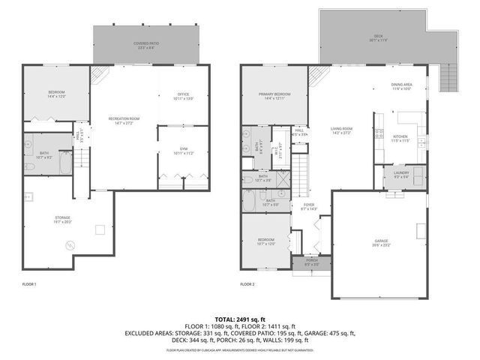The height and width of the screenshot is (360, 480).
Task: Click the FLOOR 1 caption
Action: coord(29,284)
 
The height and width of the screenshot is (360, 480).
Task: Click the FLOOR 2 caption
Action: coord(247,284)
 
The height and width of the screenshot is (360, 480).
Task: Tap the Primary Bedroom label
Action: coord(274,96)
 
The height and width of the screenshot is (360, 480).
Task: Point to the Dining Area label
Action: coord(401,87)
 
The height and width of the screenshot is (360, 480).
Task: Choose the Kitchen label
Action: coord(401,138)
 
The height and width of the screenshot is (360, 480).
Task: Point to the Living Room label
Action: coord(342,132)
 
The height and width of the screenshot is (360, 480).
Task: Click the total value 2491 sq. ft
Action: coord(239,319)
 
